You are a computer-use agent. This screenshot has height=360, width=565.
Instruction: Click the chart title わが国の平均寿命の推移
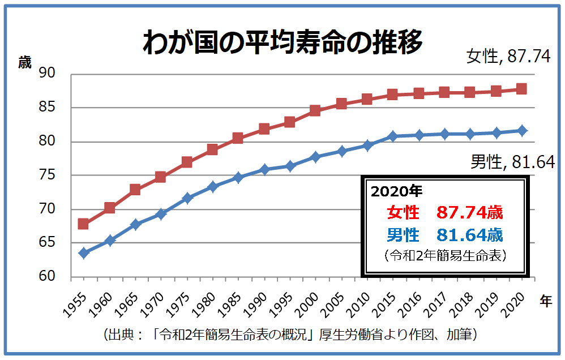[282, 42]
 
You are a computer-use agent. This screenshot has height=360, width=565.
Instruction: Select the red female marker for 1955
[83, 224]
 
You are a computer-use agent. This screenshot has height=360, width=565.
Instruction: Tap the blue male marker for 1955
[83, 253]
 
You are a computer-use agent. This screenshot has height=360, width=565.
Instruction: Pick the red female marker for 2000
[315, 110]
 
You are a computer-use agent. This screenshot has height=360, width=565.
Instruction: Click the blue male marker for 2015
[392, 136]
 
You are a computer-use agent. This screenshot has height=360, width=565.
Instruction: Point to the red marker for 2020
[521, 89]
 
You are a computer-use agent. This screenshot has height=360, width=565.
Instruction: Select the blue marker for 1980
[212, 187]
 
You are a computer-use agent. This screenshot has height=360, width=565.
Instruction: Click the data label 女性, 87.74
[508, 57]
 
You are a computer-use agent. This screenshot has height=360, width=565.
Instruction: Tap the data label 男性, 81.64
[512, 162]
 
